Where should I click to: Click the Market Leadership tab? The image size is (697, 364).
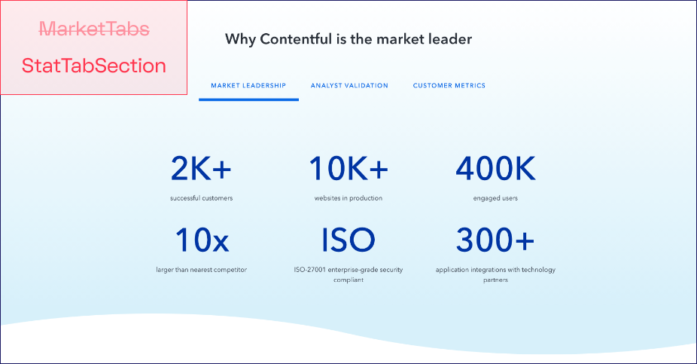248,85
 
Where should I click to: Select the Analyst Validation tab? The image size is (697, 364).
349,85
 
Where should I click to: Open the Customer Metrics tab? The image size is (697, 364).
449,85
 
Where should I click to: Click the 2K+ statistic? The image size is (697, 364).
202,169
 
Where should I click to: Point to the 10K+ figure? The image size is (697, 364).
348,169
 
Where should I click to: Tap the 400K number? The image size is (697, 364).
495,169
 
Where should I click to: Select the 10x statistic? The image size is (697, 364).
202,240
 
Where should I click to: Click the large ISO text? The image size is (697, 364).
348,240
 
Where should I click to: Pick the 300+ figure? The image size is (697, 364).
495,240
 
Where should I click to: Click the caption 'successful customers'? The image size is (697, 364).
202,198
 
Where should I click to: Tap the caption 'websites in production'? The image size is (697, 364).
348,198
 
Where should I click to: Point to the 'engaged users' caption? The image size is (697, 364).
495,198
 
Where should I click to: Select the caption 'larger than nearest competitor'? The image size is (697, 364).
202,270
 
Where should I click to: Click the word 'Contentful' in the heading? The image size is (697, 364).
296,39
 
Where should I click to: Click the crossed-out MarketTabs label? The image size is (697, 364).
94,29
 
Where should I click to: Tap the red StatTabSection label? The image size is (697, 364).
94,66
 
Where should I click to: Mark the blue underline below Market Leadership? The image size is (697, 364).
248,99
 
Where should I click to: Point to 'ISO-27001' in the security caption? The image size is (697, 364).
310,270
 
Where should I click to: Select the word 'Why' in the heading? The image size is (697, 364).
240,40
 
